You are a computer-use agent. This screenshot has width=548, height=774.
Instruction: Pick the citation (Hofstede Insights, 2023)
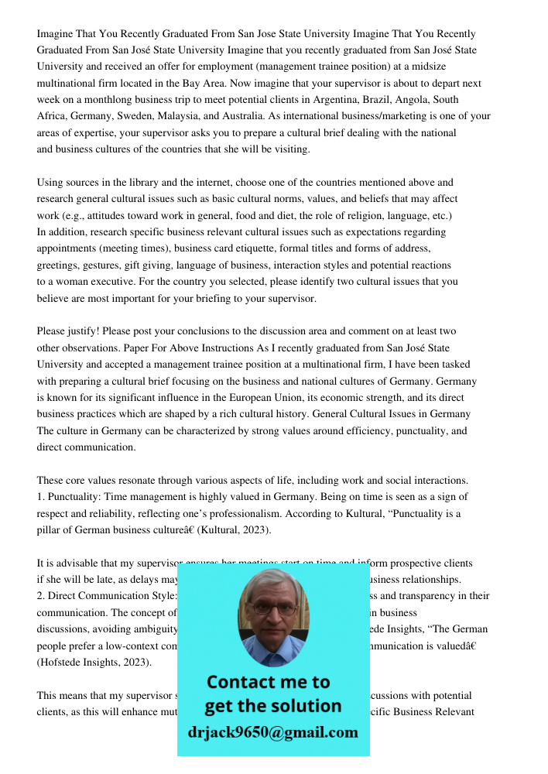point(94,663)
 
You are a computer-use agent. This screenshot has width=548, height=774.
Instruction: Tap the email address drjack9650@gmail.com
point(272,732)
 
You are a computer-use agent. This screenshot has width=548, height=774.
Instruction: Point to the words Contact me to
point(268,682)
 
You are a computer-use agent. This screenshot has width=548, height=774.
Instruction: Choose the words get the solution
point(272,706)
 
